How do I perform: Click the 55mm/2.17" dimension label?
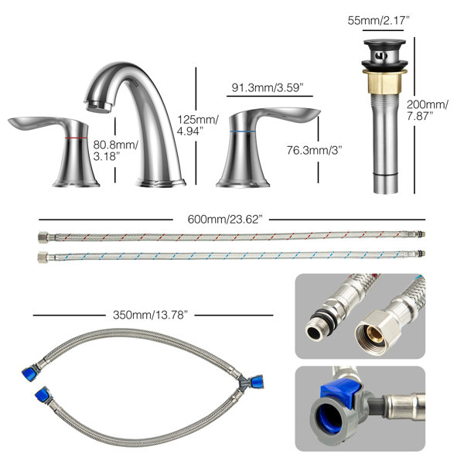click(x=378, y=21)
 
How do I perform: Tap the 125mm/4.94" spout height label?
click(x=198, y=125)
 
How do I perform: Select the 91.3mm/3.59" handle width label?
click(x=268, y=88)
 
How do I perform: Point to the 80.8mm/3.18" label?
click(x=115, y=151)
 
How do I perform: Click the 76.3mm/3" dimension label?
click(x=314, y=150)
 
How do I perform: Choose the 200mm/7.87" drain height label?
click(x=427, y=110)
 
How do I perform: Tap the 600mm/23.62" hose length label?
click(x=225, y=220)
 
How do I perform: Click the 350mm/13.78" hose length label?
click(x=150, y=315)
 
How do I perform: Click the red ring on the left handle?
click(x=76, y=138)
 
